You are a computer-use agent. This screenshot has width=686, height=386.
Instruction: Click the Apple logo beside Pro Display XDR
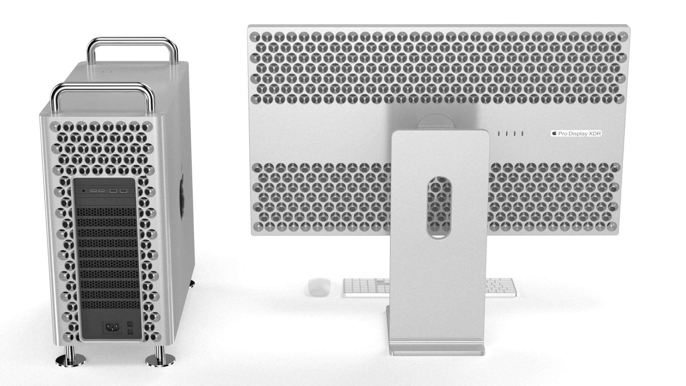(555, 133)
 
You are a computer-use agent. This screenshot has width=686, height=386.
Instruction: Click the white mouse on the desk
(319, 287)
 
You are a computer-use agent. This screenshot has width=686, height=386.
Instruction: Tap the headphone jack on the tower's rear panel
(84, 191)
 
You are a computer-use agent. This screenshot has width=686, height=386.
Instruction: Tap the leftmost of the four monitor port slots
(499, 134)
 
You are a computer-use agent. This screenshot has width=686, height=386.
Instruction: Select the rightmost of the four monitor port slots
(522, 134)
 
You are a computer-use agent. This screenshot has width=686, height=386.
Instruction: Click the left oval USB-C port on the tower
(94, 191)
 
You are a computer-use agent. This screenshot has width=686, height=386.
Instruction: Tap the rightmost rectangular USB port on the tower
(124, 191)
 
